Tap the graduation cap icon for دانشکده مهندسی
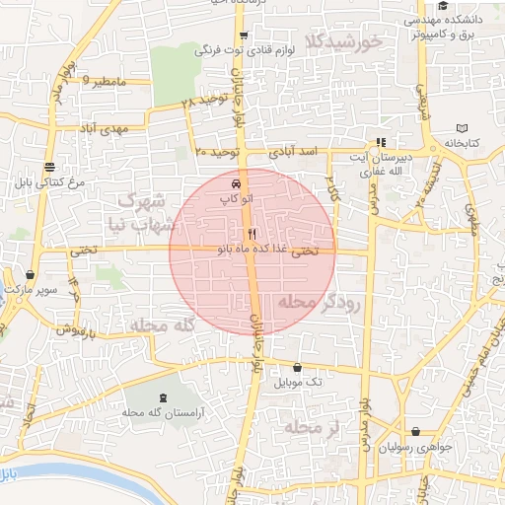[x=443, y=7]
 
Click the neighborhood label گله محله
[x=164, y=324]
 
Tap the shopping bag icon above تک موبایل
[x=297, y=367]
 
